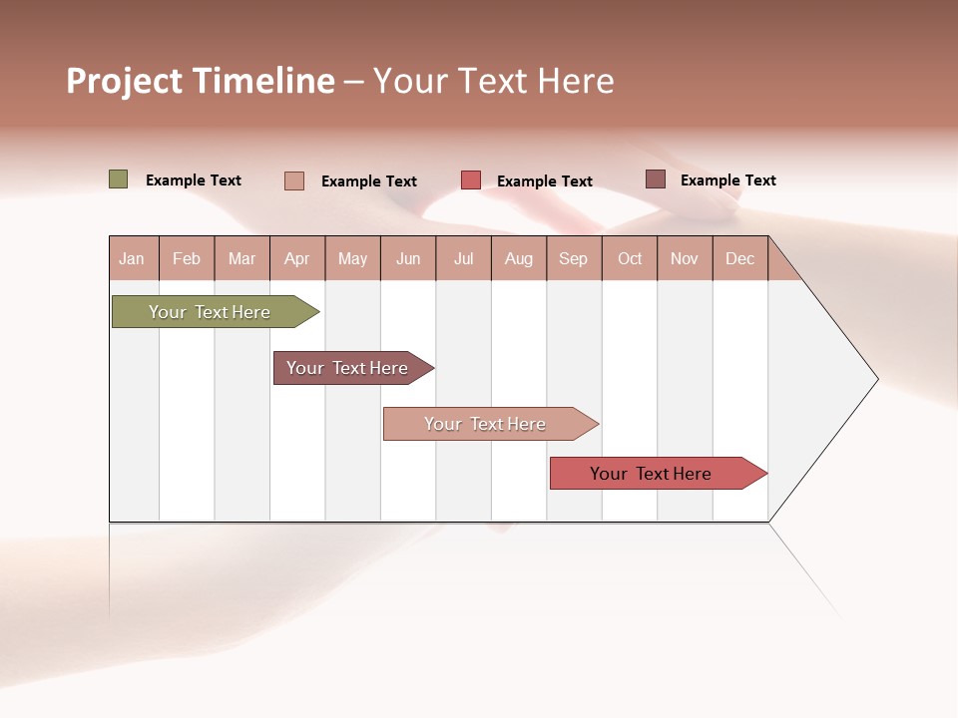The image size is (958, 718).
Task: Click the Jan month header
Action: [x=133, y=258]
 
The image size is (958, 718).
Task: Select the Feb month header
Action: [x=187, y=258]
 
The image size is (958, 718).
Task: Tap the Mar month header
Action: [x=241, y=258]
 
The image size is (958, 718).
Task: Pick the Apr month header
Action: [x=297, y=258]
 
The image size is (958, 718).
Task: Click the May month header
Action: [x=352, y=258]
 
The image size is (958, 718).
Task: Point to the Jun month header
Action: [x=408, y=258]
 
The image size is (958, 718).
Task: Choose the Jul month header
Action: [x=463, y=258]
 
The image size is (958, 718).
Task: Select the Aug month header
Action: [x=519, y=258]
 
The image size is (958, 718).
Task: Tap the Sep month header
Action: [x=574, y=258]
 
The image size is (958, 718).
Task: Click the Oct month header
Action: [x=630, y=258]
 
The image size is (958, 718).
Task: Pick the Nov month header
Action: [x=685, y=258]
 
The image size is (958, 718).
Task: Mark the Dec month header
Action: [x=740, y=258]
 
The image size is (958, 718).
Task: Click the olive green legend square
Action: [x=119, y=179]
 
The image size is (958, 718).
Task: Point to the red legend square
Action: [x=471, y=180]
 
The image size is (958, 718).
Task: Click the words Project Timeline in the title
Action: [x=201, y=81]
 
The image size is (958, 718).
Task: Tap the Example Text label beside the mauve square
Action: [x=727, y=180]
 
